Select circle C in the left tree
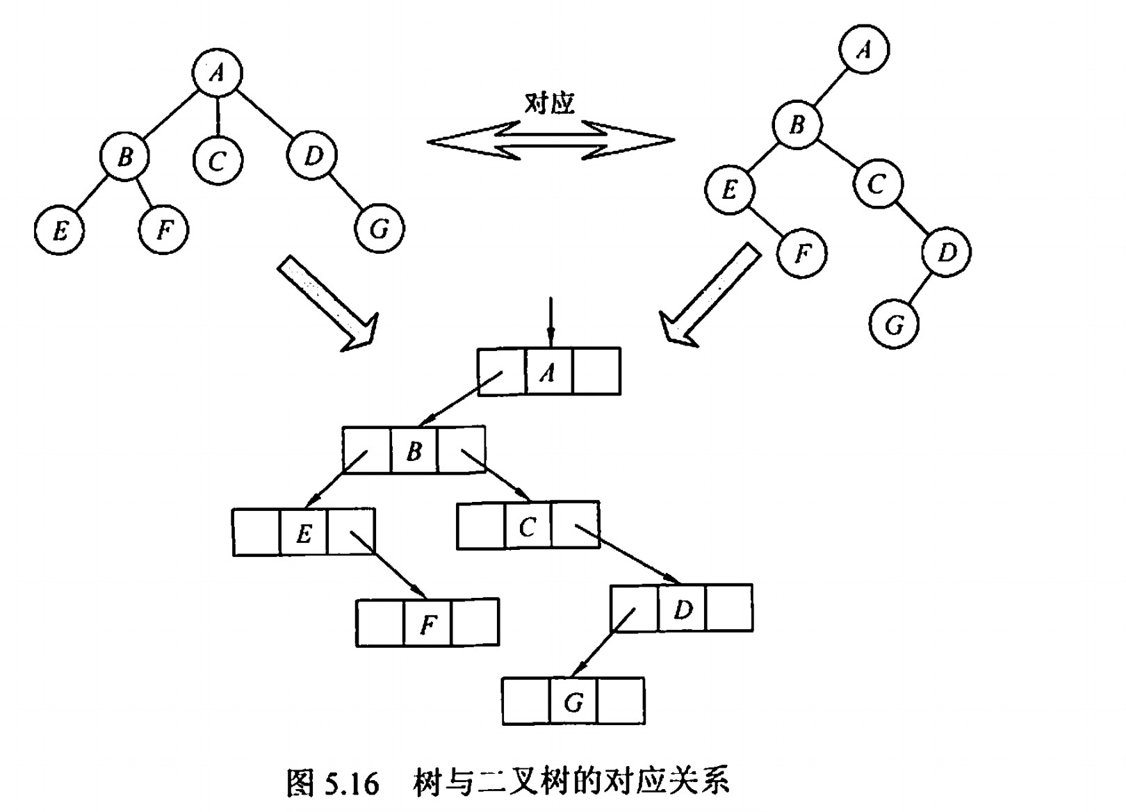218,161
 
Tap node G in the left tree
379,228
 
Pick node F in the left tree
163,229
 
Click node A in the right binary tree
864,49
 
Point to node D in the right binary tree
947,252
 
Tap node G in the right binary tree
895,324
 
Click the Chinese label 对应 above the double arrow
550,103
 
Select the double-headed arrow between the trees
550,140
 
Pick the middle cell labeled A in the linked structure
549,373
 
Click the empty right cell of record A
596,373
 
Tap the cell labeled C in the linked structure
528,526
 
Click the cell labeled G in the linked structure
573,702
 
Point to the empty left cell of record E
257,533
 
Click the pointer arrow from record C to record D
626,555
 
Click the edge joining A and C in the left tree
218,115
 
